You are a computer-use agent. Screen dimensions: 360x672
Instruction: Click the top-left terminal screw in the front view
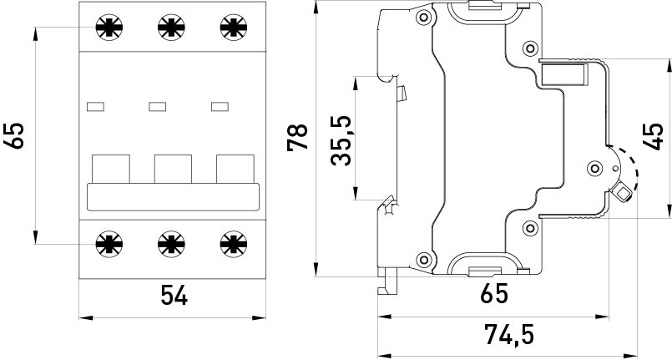click(x=109, y=28)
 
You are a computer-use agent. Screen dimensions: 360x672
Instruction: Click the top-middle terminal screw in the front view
click(x=170, y=28)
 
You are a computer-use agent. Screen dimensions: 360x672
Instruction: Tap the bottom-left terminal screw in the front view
click(x=109, y=244)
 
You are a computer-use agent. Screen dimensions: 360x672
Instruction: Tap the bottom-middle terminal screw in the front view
click(x=170, y=244)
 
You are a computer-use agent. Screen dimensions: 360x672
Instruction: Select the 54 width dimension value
click(x=173, y=295)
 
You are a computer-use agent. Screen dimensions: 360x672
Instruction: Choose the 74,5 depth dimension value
click(x=508, y=334)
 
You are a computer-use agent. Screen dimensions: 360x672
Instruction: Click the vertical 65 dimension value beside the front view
click(x=15, y=136)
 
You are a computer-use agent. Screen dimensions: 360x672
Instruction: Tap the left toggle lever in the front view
click(x=110, y=169)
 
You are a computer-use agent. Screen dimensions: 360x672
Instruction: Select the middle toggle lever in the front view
click(x=172, y=169)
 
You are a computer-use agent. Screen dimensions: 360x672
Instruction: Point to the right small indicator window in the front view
click(x=220, y=106)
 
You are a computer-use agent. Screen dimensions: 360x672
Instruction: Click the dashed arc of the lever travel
click(x=636, y=171)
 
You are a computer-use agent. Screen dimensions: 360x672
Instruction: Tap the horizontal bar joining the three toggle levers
click(x=172, y=198)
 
